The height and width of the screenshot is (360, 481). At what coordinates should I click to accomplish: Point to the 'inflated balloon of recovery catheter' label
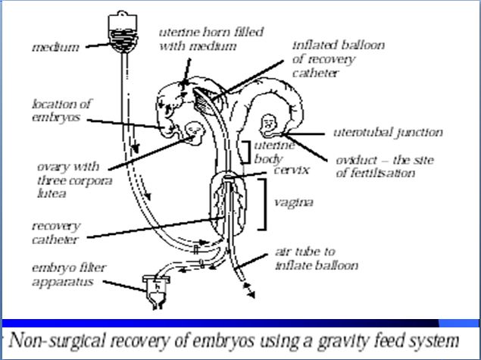click(337, 58)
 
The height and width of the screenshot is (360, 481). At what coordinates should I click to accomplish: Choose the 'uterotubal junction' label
click(388, 133)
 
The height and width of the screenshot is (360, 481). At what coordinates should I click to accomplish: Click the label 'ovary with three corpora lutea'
click(67, 180)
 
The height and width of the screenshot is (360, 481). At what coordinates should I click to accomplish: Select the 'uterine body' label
click(269, 152)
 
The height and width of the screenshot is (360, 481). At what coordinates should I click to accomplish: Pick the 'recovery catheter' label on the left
click(56, 231)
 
